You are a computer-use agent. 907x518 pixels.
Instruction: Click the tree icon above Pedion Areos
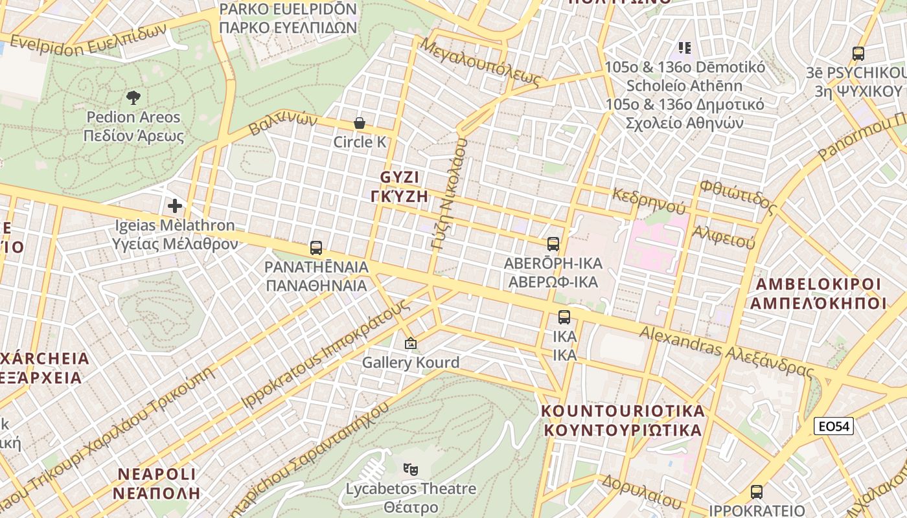pyautogui.click(x=133, y=98)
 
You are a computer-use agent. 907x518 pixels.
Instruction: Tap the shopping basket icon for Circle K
pyautogui.click(x=360, y=123)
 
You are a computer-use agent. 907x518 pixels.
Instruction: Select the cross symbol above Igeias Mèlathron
pyautogui.click(x=174, y=206)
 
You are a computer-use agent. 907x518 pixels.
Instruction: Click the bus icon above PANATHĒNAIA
pyautogui.click(x=316, y=247)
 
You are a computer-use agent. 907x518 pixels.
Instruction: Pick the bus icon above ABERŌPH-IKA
pyautogui.click(x=553, y=244)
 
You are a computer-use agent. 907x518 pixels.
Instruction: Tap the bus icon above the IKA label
pyautogui.click(x=564, y=317)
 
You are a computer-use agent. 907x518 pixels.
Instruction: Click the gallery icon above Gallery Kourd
pyautogui.click(x=410, y=343)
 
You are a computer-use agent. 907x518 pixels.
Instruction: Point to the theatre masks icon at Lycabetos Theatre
pyautogui.click(x=410, y=469)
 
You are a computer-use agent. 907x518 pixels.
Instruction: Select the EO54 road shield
pyautogui.click(x=834, y=426)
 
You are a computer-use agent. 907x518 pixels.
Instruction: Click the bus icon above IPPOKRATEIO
pyautogui.click(x=756, y=491)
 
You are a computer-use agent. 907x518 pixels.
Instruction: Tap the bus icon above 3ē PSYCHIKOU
pyautogui.click(x=858, y=54)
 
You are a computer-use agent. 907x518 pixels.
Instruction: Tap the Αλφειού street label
pyautogui.click(x=724, y=237)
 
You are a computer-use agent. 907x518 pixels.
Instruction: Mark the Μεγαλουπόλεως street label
pyautogui.click(x=479, y=62)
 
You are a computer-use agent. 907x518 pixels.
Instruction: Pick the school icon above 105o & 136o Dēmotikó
pyautogui.click(x=685, y=48)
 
